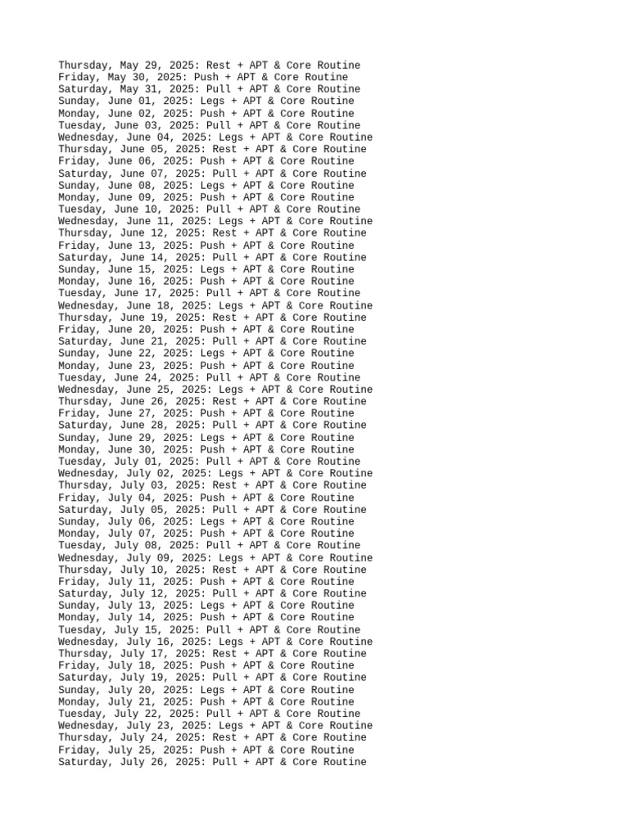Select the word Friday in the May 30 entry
76,78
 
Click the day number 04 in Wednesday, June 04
163,137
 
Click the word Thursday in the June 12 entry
83,233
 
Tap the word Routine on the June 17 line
336,293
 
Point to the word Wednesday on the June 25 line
86,390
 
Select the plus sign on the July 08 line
243,546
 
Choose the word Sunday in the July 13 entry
76,606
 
